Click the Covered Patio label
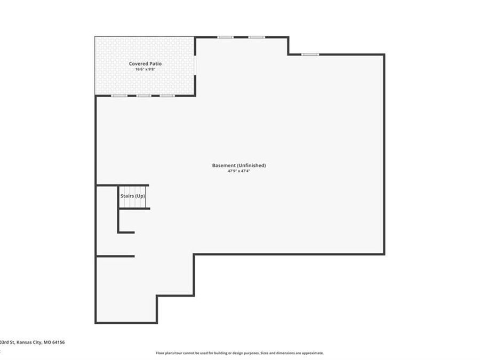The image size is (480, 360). (x=145, y=63)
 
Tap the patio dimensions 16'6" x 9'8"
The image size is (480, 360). (x=145, y=69)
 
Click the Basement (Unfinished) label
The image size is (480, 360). (x=239, y=165)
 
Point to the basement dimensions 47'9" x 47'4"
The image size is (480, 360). (x=239, y=171)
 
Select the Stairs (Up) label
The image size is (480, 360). (x=133, y=196)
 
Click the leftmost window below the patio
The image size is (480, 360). (x=119, y=96)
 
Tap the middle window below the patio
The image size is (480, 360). (x=143, y=96)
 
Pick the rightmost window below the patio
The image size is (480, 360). (x=167, y=96)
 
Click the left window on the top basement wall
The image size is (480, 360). (x=225, y=37)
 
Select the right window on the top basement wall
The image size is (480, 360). (x=257, y=37)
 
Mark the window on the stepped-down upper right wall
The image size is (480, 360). (x=310, y=54)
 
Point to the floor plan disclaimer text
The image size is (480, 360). (x=239, y=353)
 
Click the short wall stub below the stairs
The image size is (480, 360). (x=126, y=232)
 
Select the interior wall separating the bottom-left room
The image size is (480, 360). (x=115, y=256)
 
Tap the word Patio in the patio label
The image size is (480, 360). (x=155, y=63)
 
